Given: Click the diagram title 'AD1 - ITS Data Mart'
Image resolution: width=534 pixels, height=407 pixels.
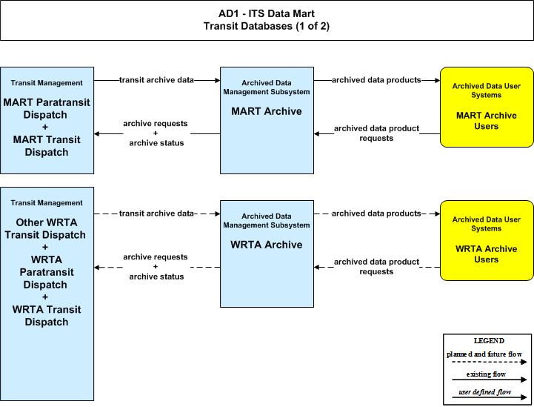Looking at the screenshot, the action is (267, 13).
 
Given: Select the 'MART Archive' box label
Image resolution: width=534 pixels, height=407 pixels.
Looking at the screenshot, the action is (267, 111).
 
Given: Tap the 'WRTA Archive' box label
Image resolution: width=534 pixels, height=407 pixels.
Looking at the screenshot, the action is (267, 245).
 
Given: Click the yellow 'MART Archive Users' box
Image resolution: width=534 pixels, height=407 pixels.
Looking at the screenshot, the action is (487, 107).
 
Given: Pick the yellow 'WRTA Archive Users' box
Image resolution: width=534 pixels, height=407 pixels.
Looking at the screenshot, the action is (487, 241).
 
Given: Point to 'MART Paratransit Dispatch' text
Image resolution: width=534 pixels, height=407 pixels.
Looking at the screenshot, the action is (47, 108).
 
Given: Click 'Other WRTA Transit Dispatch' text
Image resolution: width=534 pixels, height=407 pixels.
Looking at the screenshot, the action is (46, 228).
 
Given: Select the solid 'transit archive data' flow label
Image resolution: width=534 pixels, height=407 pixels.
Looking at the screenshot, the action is (156, 80).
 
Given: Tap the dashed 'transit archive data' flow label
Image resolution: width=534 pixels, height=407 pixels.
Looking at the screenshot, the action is (156, 214).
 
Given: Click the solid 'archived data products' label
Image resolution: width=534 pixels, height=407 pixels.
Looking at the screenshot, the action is (376, 80).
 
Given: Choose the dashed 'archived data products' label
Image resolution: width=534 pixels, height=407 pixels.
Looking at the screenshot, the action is (376, 214).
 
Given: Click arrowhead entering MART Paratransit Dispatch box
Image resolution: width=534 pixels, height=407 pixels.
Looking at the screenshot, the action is (97, 133).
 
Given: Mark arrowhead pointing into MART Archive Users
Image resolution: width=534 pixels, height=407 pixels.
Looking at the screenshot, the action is (438, 81).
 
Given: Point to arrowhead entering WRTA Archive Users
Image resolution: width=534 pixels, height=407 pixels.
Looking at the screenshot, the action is (438, 214).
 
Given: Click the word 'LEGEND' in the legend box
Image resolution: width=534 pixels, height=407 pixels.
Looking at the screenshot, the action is (489, 341).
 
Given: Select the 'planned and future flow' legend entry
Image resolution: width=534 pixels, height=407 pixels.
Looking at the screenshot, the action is (484, 354).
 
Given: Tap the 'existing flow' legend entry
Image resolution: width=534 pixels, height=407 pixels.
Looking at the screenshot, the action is (486, 374).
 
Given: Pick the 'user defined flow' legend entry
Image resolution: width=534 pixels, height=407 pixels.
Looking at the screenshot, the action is (485, 392).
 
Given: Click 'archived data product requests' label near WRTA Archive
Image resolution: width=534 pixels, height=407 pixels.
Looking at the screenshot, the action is (376, 267).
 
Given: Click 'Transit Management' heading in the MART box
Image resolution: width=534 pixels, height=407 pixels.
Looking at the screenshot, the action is (47, 83).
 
